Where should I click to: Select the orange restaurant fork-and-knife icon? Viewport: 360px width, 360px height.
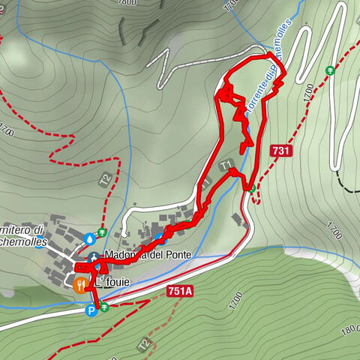[x=79, y=283]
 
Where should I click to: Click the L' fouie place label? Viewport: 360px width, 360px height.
[x=112, y=283]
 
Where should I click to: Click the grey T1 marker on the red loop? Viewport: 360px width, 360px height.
[x=223, y=163]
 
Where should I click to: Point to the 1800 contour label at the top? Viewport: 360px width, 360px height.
[x=127, y=3]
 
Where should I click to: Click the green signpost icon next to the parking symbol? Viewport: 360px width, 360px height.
[x=104, y=307]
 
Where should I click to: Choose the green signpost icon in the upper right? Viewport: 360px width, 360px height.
[x=330, y=70]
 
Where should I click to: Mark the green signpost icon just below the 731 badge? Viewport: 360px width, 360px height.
[x=253, y=187]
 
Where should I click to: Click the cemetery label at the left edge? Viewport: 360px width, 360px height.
[x=22, y=235]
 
